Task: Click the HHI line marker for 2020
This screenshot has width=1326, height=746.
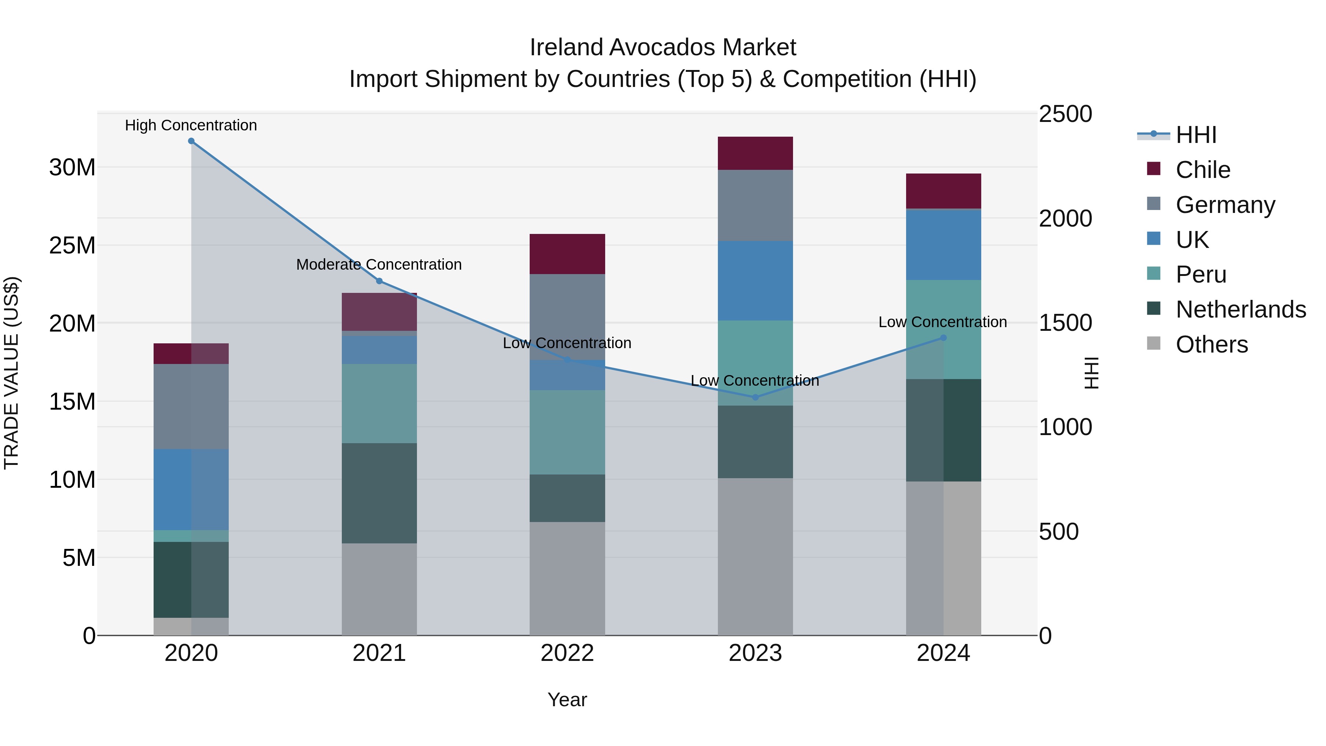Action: [x=191, y=141]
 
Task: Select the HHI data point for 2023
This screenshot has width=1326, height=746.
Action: [x=755, y=397]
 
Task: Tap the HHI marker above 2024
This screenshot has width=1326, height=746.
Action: [x=943, y=338]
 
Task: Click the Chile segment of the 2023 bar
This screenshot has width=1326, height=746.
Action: [x=755, y=153]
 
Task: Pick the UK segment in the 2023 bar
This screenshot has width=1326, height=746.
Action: [x=755, y=281]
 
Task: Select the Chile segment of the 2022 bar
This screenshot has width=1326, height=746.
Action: [x=567, y=254]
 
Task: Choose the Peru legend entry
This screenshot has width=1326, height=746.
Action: [x=1200, y=274]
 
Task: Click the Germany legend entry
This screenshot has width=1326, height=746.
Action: [x=1225, y=205]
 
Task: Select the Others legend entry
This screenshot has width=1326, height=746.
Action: [x=1211, y=344]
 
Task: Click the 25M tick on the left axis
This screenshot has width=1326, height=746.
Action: [x=72, y=246]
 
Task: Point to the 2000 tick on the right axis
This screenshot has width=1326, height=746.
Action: [x=1065, y=218]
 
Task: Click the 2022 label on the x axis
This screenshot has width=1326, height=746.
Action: [x=567, y=653]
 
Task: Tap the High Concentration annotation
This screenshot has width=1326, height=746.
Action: [x=191, y=125]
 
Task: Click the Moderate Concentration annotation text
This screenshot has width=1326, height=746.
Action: [x=379, y=264]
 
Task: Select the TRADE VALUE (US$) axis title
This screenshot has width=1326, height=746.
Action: [x=11, y=373]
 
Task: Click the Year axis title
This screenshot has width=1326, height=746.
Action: [x=567, y=700]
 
